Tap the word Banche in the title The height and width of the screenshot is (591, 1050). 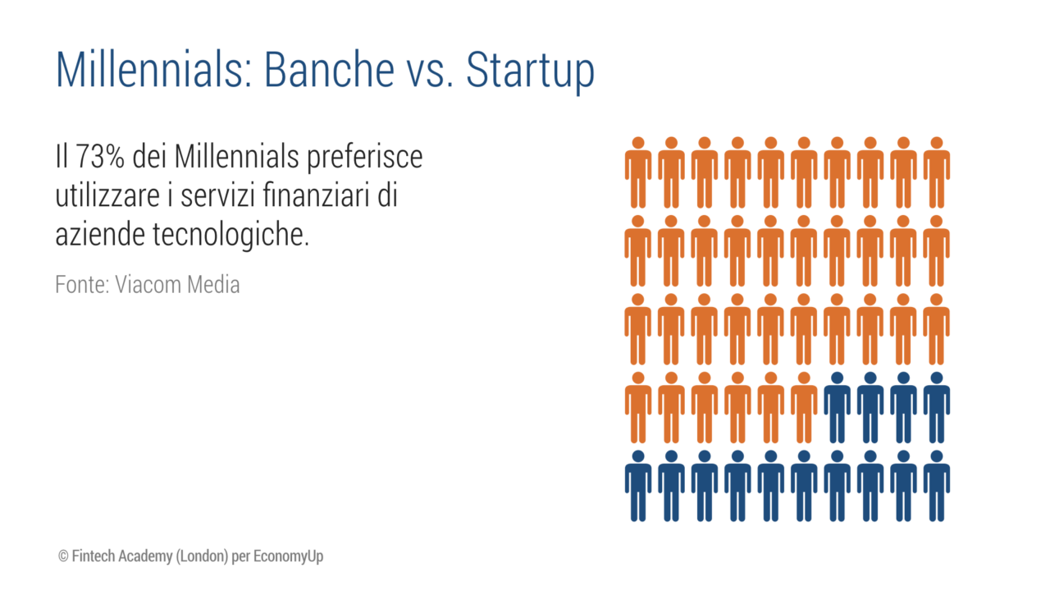click(x=330, y=70)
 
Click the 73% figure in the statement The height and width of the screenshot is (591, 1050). click(x=100, y=156)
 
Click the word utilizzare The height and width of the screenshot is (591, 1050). click(x=107, y=195)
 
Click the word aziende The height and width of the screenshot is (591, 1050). click(x=100, y=234)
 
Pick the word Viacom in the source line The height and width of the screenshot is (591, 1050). click(x=148, y=285)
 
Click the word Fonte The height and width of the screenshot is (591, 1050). click(x=82, y=285)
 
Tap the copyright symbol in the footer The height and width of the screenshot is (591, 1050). click(x=63, y=557)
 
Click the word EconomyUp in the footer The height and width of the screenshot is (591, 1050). click(x=288, y=557)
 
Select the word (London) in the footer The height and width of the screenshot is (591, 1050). click(x=202, y=557)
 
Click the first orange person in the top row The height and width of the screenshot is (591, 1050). click(x=638, y=172)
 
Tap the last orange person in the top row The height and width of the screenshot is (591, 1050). click(x=937, y=172)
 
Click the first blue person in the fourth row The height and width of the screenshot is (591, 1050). click(x=838, y=408)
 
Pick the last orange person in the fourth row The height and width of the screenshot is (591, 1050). click(x=804, y=408)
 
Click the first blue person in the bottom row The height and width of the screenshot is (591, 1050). click(x=638, y=486)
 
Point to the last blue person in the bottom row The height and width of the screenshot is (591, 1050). click(x=937, y=486)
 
